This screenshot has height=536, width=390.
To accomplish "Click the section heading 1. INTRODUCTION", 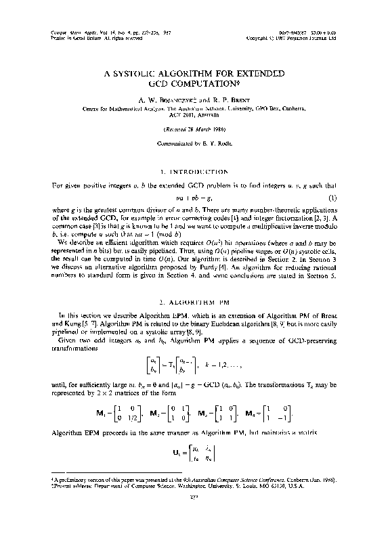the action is click(195, 173).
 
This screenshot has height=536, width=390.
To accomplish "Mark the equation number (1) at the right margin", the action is click(332, 198).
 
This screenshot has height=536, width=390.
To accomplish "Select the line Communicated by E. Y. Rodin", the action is click(195, 144).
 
